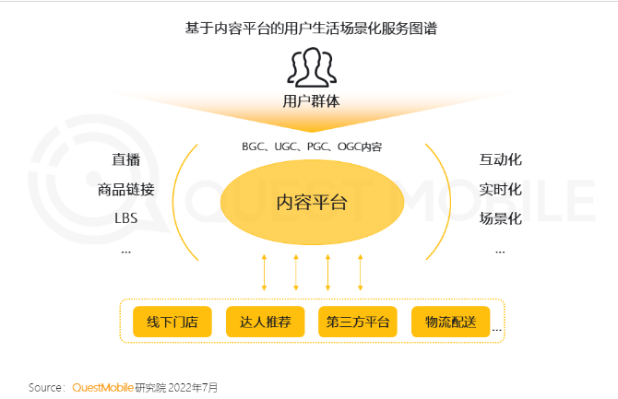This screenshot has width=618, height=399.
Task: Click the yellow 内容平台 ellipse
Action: coord(311,200)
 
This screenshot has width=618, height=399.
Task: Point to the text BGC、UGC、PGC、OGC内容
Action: coord(311,147)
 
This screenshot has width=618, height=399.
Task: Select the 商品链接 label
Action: coord(125,190)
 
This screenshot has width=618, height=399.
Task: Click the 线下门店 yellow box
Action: coord(172,322)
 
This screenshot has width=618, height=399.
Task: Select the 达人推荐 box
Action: coord(265,322)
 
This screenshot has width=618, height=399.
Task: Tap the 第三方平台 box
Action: coord(358,322)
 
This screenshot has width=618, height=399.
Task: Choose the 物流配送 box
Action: coord(450,322)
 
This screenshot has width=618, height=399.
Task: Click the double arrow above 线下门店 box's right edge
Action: coord(264,272)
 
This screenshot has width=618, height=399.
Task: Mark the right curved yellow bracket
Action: coord(441,202)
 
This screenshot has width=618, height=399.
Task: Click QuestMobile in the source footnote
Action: coord(103,387)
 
